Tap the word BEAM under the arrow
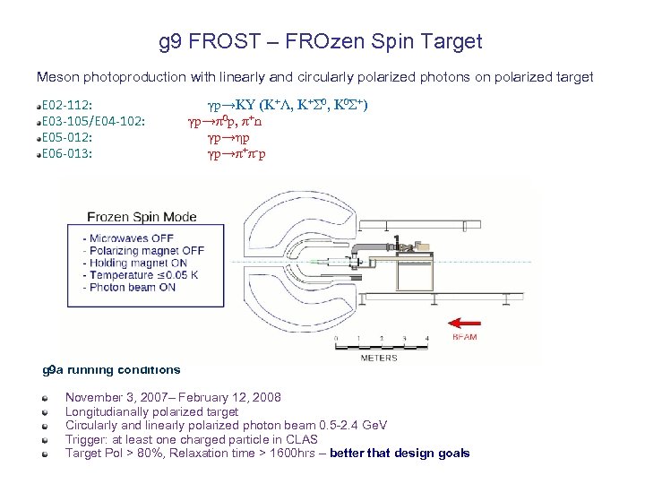pyautogui.click(x=465, y=338)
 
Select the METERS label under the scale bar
pyautogui.click(x=379, y=358)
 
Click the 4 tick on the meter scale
pyautogui.click(x=426, y=339)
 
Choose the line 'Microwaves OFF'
pyautogui.click(x=120, y=238)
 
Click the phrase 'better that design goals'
pyautogui.click(x=400, y=453)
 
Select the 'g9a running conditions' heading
pyautogui.click(x=111, y=368)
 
